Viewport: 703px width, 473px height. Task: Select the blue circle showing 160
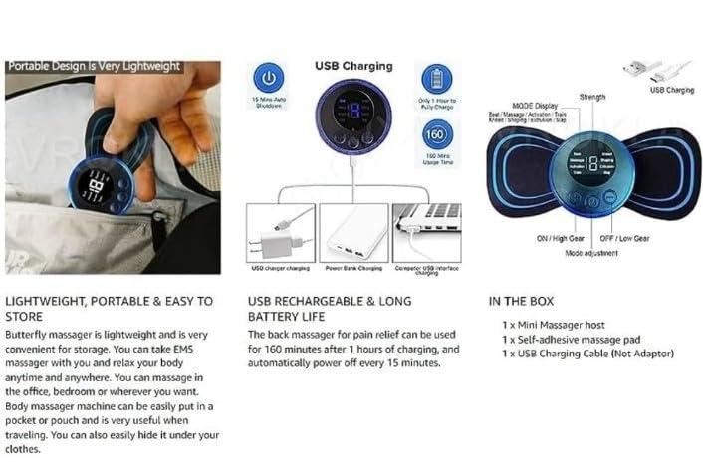coord(435,133)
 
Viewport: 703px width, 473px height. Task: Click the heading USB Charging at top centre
coord(352,67)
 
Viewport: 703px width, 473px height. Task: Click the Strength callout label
coord(592,97)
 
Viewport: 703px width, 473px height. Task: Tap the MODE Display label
coord(536,105)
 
